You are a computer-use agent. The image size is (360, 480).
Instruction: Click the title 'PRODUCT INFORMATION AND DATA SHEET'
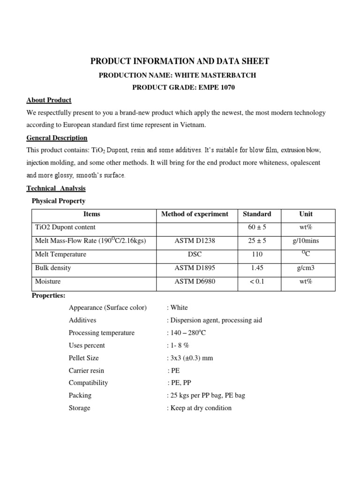click(180, 61)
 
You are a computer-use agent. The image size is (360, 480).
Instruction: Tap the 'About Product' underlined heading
click(49, 100)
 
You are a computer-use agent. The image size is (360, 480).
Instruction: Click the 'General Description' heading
click(57, 138)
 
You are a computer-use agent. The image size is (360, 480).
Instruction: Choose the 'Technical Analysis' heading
click(56, 188)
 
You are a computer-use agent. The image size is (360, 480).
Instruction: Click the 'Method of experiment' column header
click(195, 214)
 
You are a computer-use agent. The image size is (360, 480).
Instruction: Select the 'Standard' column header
click(257, 214)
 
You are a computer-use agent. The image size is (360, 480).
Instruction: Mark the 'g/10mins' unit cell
click(306, 241)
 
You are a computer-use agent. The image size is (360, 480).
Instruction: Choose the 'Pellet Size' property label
click(83, 358)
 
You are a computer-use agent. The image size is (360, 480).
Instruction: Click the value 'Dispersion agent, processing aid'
click(215, 320)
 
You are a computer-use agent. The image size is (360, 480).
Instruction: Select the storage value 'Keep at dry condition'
click(200, 408)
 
